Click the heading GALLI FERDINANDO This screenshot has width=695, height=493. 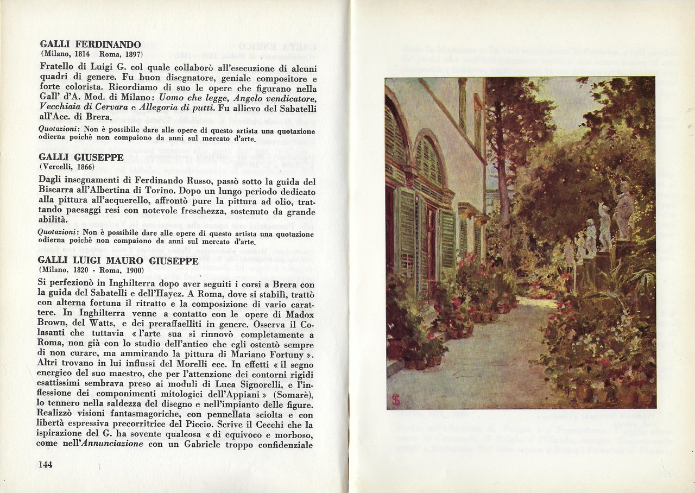[x=90, y=45]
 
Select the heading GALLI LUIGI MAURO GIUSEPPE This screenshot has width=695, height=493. [x=118, y=261]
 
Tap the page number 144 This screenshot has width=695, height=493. [x=46, y=464]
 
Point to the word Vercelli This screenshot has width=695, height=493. [x=58, y=167]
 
